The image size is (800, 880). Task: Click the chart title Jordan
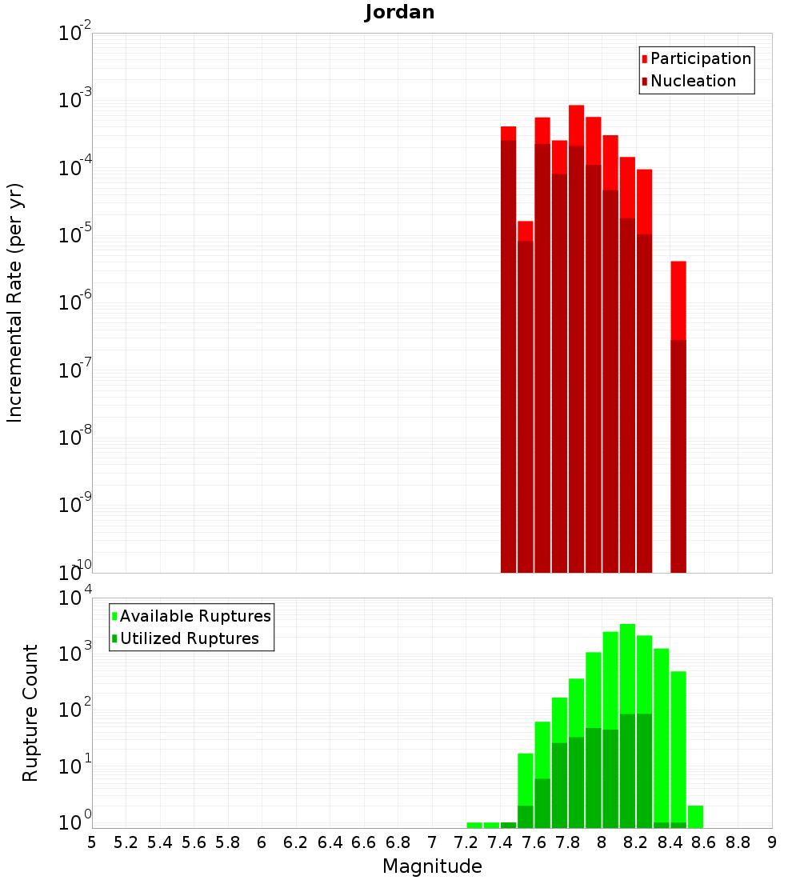tap(400, 13)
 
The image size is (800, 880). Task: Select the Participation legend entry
tap(696, 58)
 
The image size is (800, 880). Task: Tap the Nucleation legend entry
tap(689, 81)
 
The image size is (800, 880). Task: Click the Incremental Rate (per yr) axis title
tap(15, 303)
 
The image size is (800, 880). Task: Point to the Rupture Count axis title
tap(30, 713)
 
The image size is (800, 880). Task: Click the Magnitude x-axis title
tap(432, 866)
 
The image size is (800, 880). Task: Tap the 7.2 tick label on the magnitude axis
tap(466, 842)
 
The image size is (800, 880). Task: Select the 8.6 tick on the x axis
tap(704, 842)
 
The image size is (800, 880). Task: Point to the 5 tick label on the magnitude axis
tap(92, 842)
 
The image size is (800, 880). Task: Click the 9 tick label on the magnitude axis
tap(772, 842)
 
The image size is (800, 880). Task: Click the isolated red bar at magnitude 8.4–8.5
tap(678, 416)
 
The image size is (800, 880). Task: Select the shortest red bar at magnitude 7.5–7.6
tap(525, 400)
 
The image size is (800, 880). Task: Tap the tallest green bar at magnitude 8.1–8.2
tap(627, 720)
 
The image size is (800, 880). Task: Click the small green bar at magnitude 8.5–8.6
tap(695, 817)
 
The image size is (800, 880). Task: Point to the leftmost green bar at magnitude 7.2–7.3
tap(474, 825)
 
